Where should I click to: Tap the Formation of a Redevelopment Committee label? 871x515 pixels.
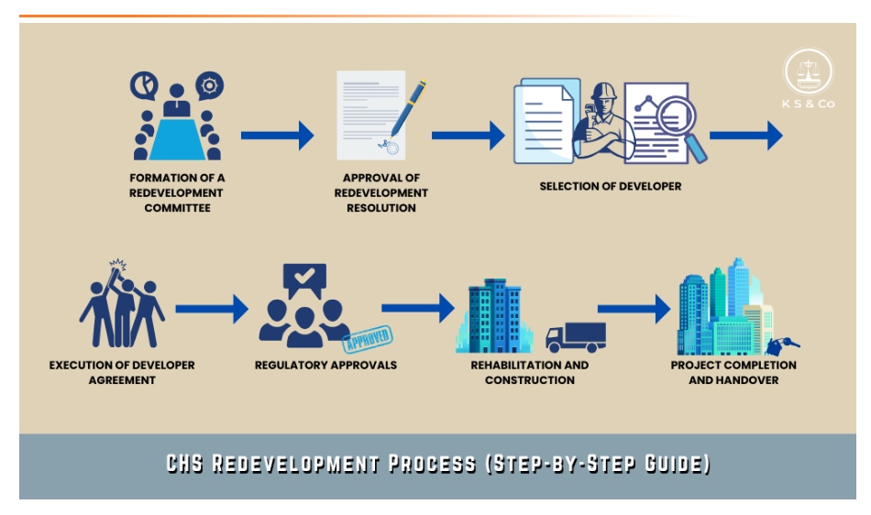click(x=177, y=193)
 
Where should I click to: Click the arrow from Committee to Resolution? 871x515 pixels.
click(x=277, y=136)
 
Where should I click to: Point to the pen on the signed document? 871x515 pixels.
click(x=408, y=106)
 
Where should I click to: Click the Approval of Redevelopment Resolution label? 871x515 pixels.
click(x=381, y=193)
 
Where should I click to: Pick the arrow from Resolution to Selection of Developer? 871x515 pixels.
click(x=468, y=136)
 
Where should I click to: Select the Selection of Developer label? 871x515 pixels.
click(x=610, y=186)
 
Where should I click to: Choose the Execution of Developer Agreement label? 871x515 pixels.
click(x=122, y=372)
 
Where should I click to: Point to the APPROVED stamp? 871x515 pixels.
click(x=366, y=338)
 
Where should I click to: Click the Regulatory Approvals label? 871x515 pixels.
click(x=325, y=365)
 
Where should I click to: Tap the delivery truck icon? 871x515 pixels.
click(x=575, y=336)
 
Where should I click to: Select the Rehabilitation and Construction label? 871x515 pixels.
click(x=530, y=372)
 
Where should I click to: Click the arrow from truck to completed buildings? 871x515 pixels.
click(x=634, y=308)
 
